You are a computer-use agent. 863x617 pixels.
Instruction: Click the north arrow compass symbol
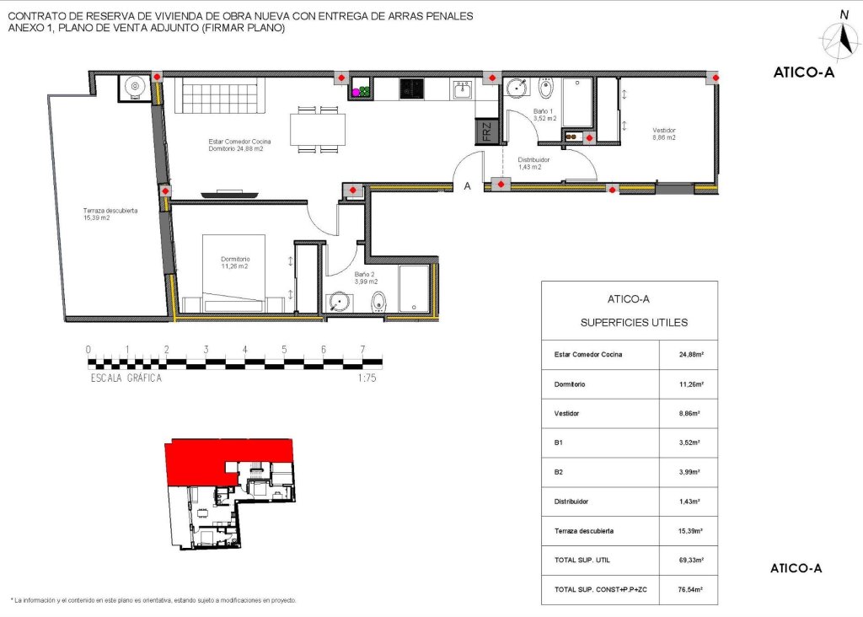[x=842, y=39]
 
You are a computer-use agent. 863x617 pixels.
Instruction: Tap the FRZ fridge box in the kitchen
[x=486, y=132]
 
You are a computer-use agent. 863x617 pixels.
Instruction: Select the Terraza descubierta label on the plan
[x=110, y=214]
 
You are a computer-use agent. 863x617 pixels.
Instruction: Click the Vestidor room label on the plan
[x=664, y=133]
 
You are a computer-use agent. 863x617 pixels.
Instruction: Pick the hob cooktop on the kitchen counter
[x=412, y=89]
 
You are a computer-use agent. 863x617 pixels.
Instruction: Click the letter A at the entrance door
[x=468, y=187]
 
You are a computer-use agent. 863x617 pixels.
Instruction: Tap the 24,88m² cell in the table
[x=688, y=354]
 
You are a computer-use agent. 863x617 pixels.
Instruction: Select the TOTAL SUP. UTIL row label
[x=582, y=560]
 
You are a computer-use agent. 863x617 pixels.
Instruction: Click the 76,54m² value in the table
[x=688, y=589]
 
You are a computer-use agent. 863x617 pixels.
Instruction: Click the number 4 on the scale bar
[x=244, y=350]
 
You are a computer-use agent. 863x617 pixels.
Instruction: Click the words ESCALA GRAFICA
[x=126, y=378]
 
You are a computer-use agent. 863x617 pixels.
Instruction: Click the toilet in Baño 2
[x=378, y=301]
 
